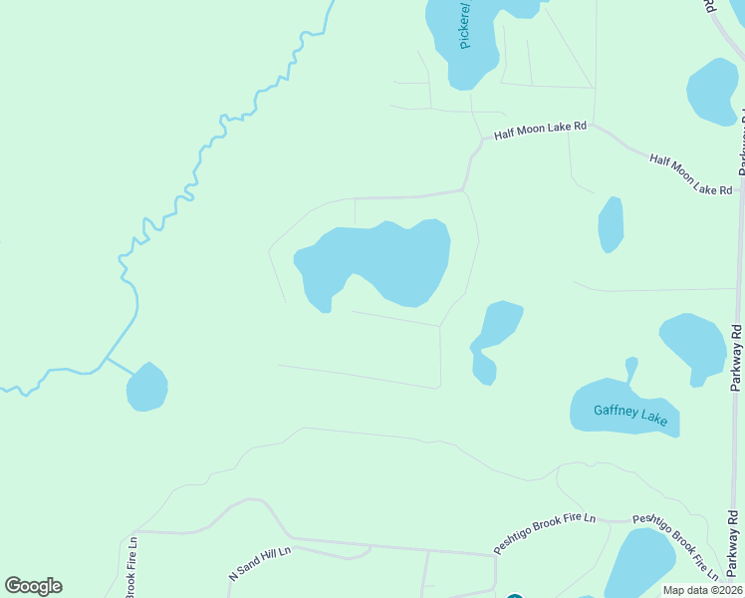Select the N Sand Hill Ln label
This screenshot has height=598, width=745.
click(259, 563)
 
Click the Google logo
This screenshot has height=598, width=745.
click(33, 586)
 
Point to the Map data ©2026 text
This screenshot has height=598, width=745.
click(701, 590)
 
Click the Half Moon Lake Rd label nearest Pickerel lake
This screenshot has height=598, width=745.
click(541, 130)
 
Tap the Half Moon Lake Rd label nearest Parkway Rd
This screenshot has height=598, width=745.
click(690, 173)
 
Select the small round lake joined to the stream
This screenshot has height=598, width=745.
click(146, 387)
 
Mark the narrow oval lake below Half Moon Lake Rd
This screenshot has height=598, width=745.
click(611, 224)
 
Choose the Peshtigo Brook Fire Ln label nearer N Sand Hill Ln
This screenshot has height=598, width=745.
click(545, 534)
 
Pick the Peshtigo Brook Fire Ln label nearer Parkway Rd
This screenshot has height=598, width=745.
click(676, 545)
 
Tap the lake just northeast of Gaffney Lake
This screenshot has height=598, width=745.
click(694, 346)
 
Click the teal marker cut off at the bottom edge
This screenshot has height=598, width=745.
click(514, 596)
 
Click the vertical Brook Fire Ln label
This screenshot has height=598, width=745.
click(130, 569)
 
